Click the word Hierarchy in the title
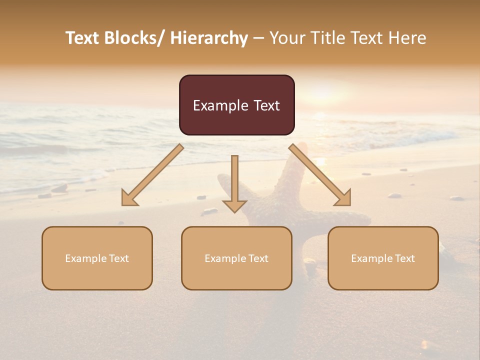(x=209, y=38)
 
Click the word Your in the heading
(x=286, y=38)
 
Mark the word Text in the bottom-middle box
(x=258, y=258)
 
